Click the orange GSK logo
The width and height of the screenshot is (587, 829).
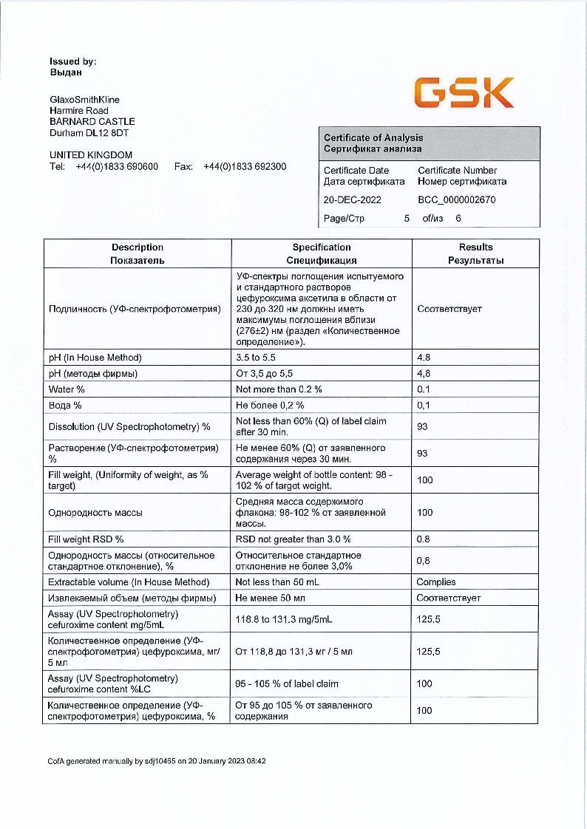464,93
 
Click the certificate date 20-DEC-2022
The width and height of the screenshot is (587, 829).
352,199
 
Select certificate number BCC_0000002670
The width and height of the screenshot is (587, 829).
456,199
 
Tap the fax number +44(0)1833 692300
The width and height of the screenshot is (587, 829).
245,166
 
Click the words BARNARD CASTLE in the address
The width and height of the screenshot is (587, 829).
92,121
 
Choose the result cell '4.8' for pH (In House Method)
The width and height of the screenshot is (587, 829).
424,358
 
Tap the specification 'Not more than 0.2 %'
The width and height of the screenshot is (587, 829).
279,389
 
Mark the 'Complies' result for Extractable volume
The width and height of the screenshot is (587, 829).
436,582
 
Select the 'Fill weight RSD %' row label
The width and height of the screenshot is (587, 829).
86,539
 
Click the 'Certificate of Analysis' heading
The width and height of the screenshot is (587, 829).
373,137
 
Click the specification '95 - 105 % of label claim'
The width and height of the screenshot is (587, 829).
287,683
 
